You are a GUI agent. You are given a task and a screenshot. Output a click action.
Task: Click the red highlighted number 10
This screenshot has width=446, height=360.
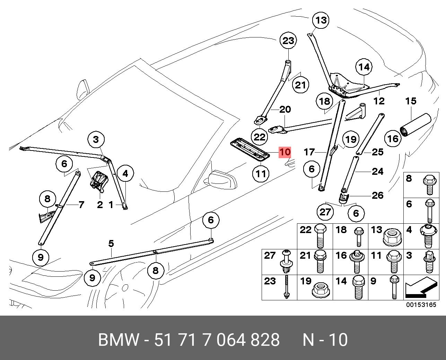(x=285, y=152)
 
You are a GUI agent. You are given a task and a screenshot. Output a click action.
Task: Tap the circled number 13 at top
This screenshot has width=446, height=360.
(x=321, y=20)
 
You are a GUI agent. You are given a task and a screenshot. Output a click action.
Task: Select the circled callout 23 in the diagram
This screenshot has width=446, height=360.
(x=288, y=41)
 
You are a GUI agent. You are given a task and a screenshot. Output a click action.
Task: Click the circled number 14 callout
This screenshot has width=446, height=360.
(x=364, y=67)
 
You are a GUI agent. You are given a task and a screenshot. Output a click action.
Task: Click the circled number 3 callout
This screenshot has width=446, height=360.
(x=96, y=140)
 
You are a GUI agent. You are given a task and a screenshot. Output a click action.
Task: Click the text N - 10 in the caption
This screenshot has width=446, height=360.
(x=325, y=340)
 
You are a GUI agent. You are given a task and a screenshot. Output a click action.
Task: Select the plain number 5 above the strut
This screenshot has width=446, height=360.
(x=111, y=243)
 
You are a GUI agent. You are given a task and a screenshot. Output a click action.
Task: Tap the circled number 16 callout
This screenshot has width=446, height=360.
(x=393, y=139)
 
